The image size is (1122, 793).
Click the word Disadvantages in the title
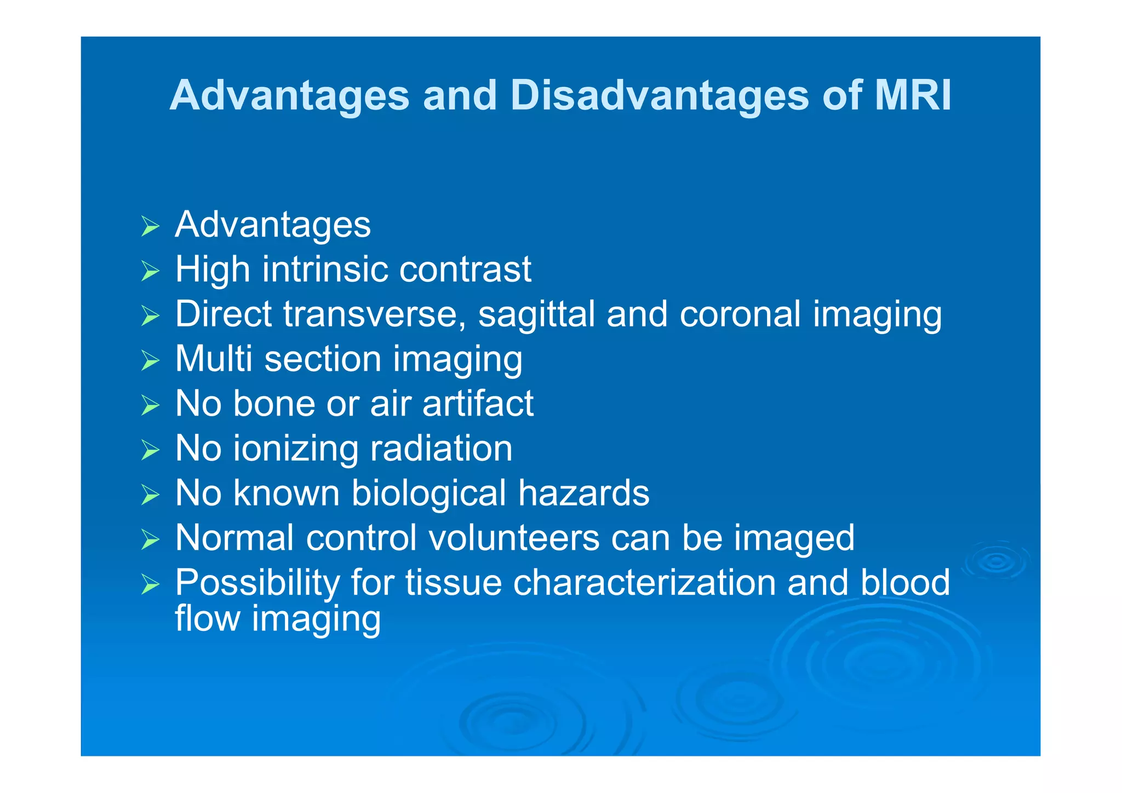pos(659,96)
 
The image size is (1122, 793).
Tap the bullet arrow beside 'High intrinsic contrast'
pos(150,271)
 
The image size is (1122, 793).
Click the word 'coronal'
pos(740,314)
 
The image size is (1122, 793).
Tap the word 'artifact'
pos(478,404)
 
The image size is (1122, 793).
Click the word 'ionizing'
pos(296,450)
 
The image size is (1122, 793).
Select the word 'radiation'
pos(442,449)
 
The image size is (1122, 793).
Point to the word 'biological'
pos(428,494)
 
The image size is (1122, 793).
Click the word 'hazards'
pos(584,493)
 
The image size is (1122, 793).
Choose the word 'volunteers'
pos(514,538)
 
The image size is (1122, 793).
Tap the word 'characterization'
pos(644,583)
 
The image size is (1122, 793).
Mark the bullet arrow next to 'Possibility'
pos(150,584)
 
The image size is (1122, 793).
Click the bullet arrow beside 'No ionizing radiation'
pos(150,450)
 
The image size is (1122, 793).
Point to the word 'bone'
pos(274,404)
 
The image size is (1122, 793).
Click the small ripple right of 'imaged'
pos(996,561)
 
